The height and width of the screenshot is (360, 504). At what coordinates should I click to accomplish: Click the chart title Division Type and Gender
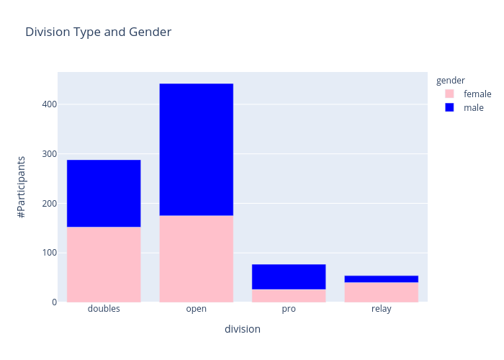(98, 32)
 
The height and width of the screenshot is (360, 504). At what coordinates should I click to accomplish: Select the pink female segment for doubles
(104, 264)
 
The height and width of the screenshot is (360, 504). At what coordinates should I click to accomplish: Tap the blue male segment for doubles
(104, 193)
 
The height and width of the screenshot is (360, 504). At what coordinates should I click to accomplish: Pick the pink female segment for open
(196, 258)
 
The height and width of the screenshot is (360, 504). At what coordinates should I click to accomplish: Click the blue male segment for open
(196, 149)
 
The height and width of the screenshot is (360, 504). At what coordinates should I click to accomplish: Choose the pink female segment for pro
(289, 295)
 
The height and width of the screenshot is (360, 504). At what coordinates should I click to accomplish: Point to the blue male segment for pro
(289, 276)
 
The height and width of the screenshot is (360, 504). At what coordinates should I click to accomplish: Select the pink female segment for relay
(381, 292)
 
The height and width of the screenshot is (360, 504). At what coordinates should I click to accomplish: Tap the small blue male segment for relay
(381, 279)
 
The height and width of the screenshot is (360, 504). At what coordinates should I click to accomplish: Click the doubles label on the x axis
(104, 309)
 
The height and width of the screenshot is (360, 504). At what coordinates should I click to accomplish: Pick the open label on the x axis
(196, 309)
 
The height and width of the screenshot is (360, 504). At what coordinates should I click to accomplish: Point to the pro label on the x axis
(289, 309)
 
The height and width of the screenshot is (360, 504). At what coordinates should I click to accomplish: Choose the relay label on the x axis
(381, 309)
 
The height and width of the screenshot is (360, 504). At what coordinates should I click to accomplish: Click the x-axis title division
(242, 329)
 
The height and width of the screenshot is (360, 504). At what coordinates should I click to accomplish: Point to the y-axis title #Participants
(22, 187)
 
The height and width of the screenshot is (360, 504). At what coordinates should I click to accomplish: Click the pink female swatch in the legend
(449, 94)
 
